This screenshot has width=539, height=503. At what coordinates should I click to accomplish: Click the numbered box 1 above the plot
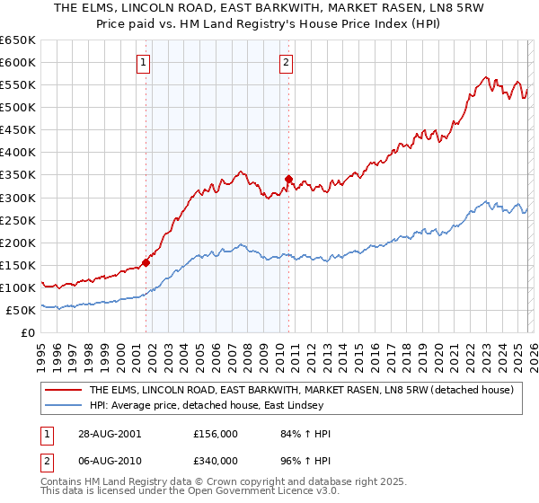[145, 63]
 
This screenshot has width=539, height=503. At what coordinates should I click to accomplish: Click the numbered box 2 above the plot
[286, 63]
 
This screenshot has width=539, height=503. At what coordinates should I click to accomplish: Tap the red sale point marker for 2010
[288, 179]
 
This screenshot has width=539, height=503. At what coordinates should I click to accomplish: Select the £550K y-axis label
[18, 85]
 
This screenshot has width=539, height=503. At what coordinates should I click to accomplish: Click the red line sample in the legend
[64, 390]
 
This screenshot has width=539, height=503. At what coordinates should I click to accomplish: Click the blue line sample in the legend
[64, 405]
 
